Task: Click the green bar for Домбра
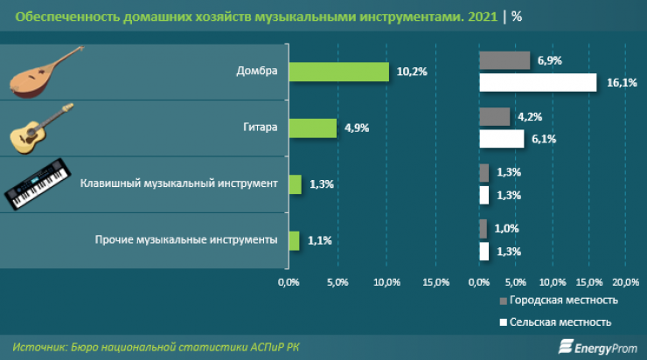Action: coord(338,72)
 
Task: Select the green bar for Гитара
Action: coord(312,128)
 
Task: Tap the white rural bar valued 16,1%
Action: coord(538,82)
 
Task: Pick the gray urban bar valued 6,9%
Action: coord(504,60)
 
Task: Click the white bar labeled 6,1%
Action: coord(501,138)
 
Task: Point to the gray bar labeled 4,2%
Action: coord(494,116)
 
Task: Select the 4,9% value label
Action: coord(357,128)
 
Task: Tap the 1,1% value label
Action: coord(320,239)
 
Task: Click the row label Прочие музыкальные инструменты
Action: coord(185,239)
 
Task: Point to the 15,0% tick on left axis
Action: coord(435,281)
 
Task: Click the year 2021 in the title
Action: coord(476,17)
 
